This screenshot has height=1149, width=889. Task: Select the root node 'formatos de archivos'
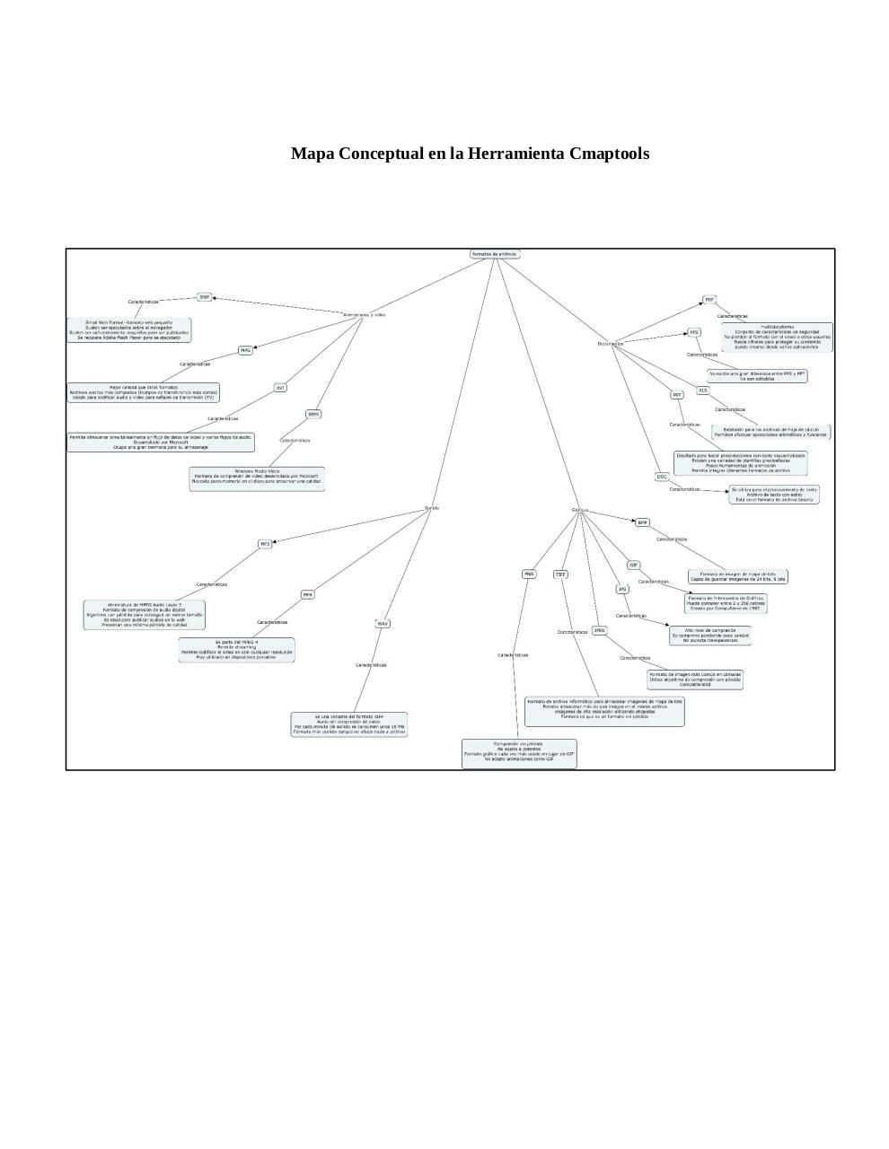[x=495, y=254]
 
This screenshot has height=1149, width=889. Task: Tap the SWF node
[x=205, y=296]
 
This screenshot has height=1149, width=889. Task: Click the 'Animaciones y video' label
[x=365, y=315]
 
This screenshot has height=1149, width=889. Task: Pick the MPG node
[x=245, y=350]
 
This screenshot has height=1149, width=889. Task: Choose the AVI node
[x=280, y=388]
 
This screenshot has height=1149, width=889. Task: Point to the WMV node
[x=313, y=414]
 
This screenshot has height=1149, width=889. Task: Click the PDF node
[x=709, y=300]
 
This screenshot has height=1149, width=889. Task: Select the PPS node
[x=694, y=332]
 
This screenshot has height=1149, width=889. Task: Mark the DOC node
[x=662, y=477]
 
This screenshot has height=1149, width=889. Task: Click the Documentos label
[x=611, y=344]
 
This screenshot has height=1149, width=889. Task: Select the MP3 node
[x=265, y=544]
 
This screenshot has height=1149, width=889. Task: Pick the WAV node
[x=383, y=623]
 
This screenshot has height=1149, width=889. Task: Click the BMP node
[x=642, y=522]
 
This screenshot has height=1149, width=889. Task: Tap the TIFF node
[x=560, y=574]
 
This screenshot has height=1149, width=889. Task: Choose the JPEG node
[x=599, y=630]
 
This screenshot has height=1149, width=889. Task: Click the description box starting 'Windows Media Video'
[x=257, y=478]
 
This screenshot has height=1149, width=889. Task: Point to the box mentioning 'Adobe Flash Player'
[x=128, y=329]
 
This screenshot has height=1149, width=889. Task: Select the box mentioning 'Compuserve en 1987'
[x=726, y=602]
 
